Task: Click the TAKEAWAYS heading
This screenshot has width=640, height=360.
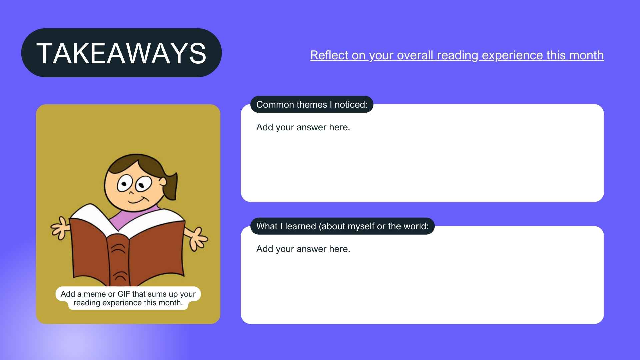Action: pyautogui.click(x=121, y=53)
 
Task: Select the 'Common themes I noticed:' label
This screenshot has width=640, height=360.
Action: pyautogui.click(x=312, y=105)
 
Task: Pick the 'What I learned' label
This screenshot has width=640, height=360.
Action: pyautogui.click(x=342, y=226)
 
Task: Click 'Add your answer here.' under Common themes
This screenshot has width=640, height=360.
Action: pyautogui.click(x=303, y=127)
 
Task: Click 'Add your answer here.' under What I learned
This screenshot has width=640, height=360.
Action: pyautogui.click(x=303, y=249)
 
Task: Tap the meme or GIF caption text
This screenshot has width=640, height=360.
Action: pyautogui.click(x=128, y=298)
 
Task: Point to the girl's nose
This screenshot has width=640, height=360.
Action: pyautogui.click(x=131, y=193)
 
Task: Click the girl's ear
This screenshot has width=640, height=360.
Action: pyautogui.click(x=162, y=182)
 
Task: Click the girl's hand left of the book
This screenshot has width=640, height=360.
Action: pyautogui.click(x=60, y=228)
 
